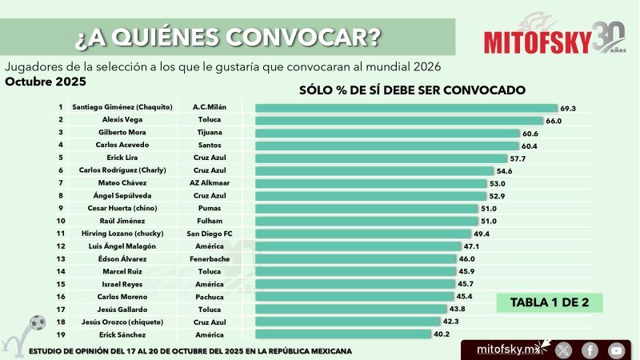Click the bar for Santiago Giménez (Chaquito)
pos(406,107)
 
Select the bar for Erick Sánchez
pos(343,334)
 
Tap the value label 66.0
pos(554,120)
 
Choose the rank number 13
pos(60,258)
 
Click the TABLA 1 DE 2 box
pos(549,302)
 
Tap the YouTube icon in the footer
pos(615,350)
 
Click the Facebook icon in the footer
pos(590,350)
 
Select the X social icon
pos(563,350)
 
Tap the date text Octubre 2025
pos(45,82)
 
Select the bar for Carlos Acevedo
pos(382,145)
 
